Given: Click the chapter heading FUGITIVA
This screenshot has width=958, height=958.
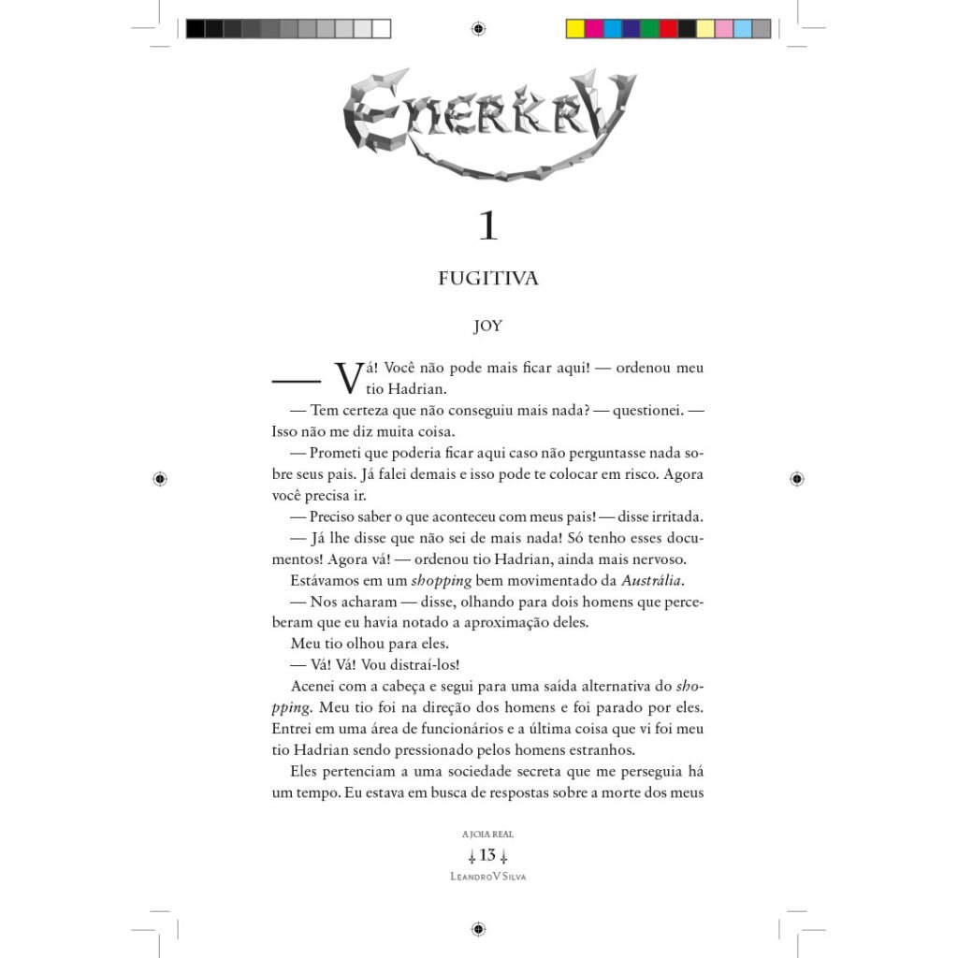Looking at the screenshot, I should [x=488, y=279].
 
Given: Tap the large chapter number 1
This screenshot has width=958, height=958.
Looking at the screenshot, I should [x=487, y=227].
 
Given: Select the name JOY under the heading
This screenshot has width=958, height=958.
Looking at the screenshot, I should [x=487, y=327].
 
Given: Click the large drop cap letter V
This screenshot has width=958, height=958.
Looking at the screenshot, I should [x=348, y=377].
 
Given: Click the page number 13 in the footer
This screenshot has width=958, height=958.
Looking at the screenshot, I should [x=487, y=855].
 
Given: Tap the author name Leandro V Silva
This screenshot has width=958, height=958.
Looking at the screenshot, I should [x=487, y=877].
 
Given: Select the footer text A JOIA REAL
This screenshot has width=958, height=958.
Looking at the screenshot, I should [x=487, y=834].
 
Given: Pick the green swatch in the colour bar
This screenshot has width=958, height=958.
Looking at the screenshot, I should [x=649, y=29].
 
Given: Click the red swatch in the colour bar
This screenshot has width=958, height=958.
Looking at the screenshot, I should [x=668, y=29].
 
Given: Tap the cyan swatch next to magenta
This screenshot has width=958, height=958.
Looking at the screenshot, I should [x=613, y=29].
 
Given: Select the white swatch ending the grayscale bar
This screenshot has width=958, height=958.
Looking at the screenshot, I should [x=382, y=29].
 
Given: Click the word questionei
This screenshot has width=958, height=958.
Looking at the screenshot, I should [x=645, y=410].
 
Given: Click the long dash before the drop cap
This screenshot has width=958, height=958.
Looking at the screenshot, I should [x=296, y=380].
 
